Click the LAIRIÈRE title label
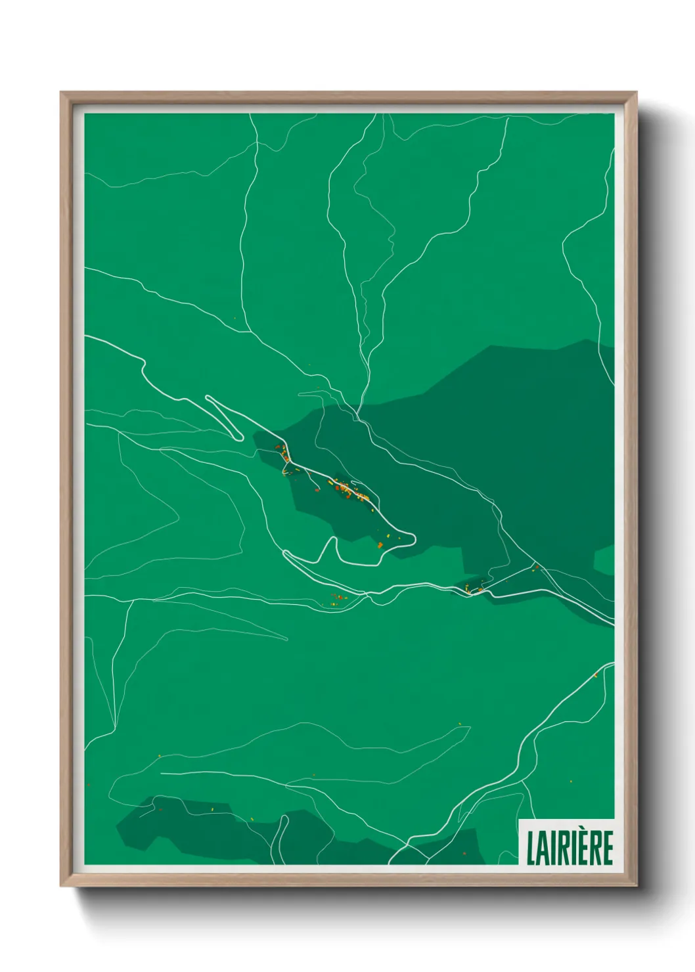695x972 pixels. pyautogui.click(x=570, y=847)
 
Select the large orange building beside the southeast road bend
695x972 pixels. pyautogui.click(x=380, y=544)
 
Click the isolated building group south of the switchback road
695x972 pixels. pyautogui.click(x=338, y=598)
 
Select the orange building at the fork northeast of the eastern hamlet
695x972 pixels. pyautogui.click(x=536, y=567)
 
